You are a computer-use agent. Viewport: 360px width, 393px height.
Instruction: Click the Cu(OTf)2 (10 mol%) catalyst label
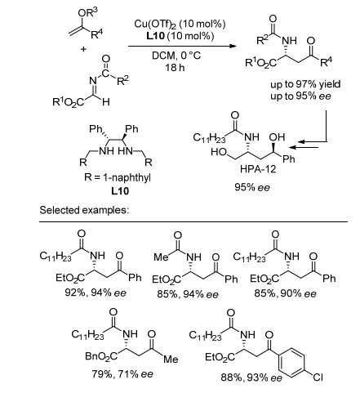click(180, 24)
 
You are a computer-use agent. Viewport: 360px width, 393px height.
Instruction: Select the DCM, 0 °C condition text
click(176, 56)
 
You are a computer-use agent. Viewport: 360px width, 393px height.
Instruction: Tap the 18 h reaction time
click(175, 67)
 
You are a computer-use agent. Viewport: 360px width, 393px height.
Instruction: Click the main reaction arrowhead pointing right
click(232, 46)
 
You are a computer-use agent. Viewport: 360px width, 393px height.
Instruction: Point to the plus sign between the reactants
click(83, 49)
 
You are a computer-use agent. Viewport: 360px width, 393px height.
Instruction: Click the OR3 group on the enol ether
click(87, 12)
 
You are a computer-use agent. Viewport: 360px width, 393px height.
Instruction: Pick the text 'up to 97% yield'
click(305, 84)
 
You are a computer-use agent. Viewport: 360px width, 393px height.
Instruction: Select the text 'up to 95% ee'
click(300, 96)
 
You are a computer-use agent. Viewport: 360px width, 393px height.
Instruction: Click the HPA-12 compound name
click(258, 169)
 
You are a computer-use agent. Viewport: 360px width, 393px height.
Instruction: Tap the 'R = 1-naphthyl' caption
click(118, 177)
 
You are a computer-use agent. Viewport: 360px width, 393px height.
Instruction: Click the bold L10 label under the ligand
click(120, 190)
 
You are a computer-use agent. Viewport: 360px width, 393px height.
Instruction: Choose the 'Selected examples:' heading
click(84, 210)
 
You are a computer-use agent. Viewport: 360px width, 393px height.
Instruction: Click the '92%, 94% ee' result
click(96, 293)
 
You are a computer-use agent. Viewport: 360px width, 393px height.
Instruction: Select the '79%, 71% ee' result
click(122, 374)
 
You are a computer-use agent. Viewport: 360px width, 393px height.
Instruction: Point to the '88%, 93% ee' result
click(251, 377)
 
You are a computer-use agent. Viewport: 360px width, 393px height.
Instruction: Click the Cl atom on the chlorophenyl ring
click(318, 377)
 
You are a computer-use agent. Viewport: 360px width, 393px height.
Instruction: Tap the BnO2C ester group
click(101, 356)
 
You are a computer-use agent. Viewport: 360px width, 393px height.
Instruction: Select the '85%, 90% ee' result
click(286, 293)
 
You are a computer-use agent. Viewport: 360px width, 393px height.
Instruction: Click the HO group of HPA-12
click(219, 152)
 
